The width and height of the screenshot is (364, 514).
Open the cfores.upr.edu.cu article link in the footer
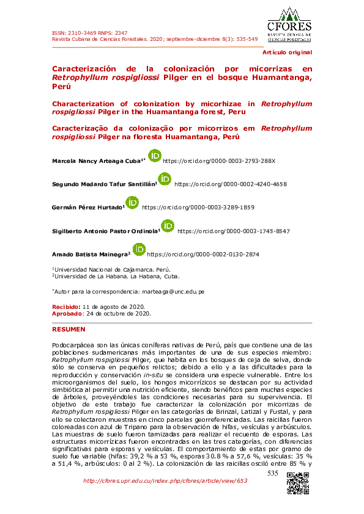(165, 481)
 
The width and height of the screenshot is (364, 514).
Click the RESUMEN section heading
(69, 329)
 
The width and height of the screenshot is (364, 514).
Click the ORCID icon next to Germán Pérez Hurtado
(132, 203)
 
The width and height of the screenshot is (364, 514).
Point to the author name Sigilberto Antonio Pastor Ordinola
(105, 231)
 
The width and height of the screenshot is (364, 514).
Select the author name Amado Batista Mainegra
(91, 254)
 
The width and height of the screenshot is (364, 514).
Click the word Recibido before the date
(65, 306)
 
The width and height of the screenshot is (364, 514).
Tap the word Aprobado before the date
(67, 313)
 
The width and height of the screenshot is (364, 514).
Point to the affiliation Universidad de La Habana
(108, 277)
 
